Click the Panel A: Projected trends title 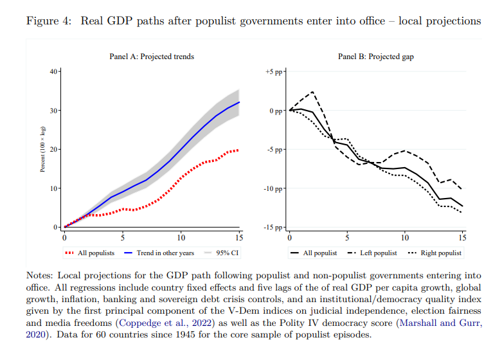coord(152,57)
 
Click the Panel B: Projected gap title coord(376,57)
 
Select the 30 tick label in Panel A coord(54,111)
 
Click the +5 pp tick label coord(274,71)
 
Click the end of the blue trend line coord(239,102)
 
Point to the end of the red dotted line coord(239,150)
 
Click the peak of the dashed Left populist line coord(312,92)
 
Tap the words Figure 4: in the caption coord(49,21)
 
